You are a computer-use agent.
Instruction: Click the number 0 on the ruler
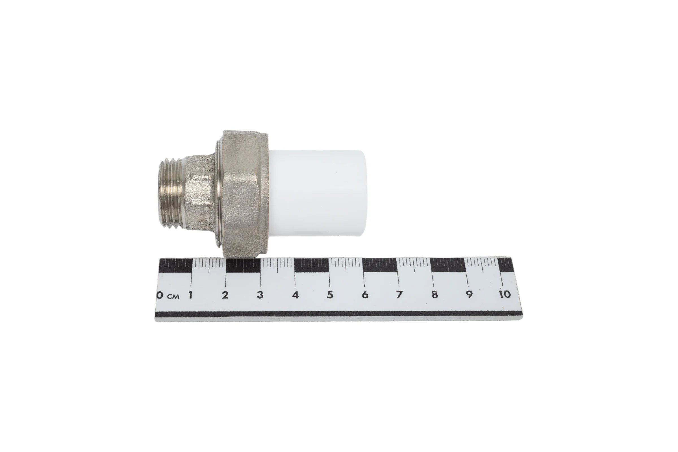(159, 295)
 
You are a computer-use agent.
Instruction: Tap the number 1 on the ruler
(190, 295)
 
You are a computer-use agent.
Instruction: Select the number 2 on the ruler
(225, 295)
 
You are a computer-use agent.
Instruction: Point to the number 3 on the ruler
(260, 295)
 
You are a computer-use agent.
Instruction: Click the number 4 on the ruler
(295, 295)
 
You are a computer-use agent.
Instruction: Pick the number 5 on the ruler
(330, 295)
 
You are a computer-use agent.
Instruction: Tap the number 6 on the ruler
(365, 295)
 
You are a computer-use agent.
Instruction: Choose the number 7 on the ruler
(399, 295)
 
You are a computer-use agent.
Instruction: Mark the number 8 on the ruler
(434, 295)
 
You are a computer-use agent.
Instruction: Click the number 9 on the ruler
(469, 295)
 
